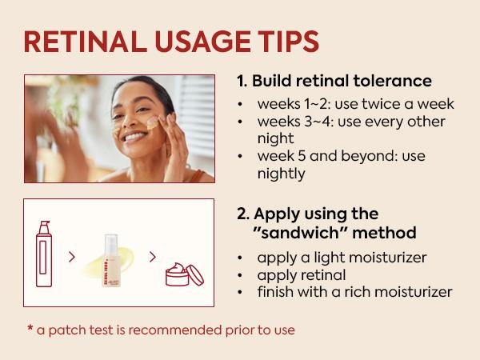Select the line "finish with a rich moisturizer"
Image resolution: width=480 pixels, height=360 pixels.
pyautogui.click(x=354, y=291)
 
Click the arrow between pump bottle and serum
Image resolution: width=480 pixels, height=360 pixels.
pyautogui.click(x=73, y=258)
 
